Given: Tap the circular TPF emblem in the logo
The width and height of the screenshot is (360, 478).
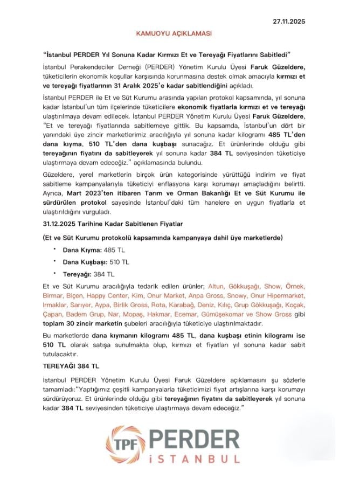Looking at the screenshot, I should [x=126, y=444].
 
